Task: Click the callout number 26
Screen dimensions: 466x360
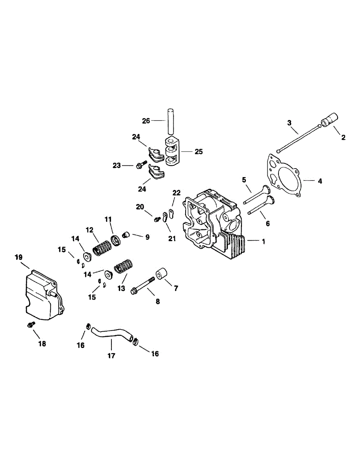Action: point(146,121)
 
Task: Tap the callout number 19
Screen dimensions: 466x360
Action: point(19,257)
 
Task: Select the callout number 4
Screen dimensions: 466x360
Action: point(320,181)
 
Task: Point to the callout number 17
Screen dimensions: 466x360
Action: point(111,355)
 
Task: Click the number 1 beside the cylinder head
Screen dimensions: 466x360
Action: point(263,242)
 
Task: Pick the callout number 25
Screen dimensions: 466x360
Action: point(198,151)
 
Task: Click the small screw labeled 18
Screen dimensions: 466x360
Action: point(30,324)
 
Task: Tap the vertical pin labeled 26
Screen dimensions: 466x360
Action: point(170,120)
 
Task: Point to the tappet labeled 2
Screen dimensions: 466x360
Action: point(330,120)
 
